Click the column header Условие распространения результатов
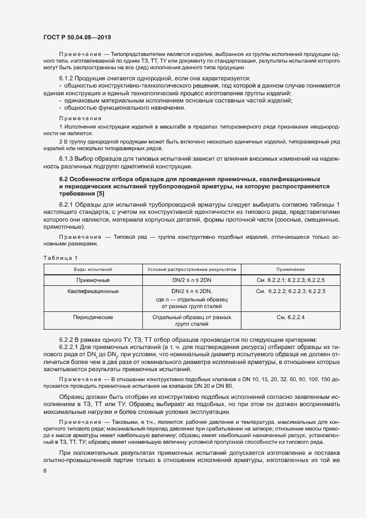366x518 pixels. (x=192, y=268)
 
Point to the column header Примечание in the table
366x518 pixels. (x=291, y=268)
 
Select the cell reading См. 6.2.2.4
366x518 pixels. (x=291, y=317)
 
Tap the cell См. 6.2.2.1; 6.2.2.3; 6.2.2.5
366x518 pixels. (x=291, y=280)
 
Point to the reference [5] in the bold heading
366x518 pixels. (x=99, y=194)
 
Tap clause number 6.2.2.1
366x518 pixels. (x=69, y=347)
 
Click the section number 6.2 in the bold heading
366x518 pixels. (x=64, y=179)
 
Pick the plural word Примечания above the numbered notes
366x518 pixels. (x=80, y=119)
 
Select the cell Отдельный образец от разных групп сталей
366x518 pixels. (x=192, y=321)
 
